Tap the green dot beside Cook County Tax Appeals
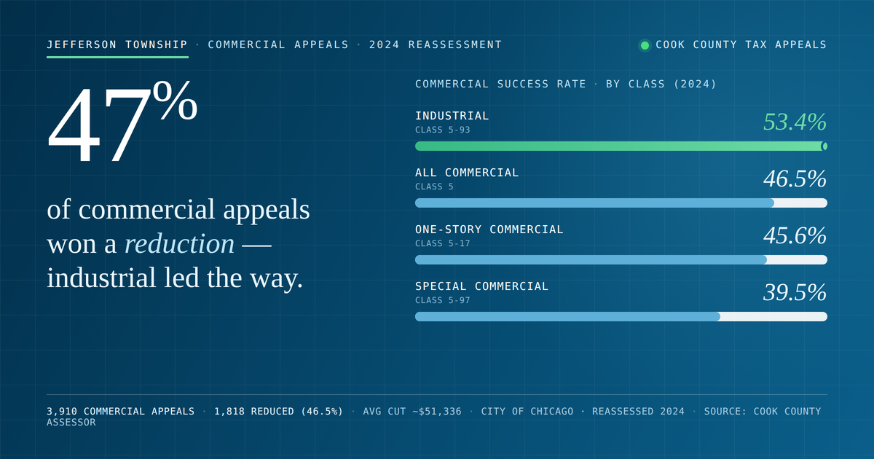(645, 45)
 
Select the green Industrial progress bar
(621, 146)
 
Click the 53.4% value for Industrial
(795, 122)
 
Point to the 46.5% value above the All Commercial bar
(795, 178)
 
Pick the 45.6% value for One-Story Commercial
(795, 235)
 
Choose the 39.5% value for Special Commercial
(795, 292)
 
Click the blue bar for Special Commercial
(567, 316)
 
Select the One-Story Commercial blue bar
(591, 259)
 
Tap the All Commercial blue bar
(594, 203)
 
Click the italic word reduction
(179, 244)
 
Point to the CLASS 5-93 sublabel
(443, 130)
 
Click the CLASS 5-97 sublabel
(443, 300)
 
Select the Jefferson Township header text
(117, 45)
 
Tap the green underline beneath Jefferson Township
(117, 57)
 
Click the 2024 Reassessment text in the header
(436, 45)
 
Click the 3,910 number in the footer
(62, 412)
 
